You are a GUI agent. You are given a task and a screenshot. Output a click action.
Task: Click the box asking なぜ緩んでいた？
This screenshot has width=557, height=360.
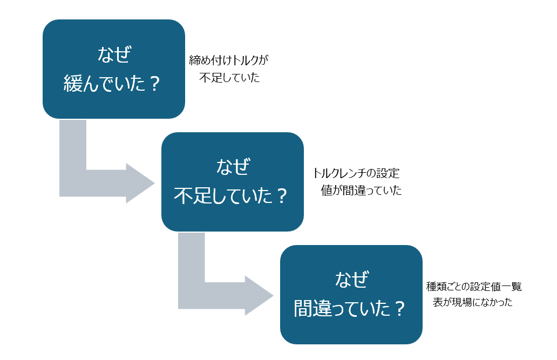coord(113,69)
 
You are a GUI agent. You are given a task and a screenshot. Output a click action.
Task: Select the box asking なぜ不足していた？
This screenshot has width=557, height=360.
coord(232,182)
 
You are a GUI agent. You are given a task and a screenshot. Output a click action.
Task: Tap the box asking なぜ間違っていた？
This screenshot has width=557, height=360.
coord(351,295)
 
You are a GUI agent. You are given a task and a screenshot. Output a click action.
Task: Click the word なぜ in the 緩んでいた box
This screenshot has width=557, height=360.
coord(114,55)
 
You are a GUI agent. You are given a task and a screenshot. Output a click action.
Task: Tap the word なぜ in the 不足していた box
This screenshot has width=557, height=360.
coord(233,167)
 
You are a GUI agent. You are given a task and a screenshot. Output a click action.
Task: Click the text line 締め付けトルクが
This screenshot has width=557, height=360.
coord(229,60)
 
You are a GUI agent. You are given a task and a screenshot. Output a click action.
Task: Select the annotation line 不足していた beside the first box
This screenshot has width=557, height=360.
coord(229,78)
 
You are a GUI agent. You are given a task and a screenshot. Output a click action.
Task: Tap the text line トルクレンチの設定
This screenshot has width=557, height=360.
coord(356,174)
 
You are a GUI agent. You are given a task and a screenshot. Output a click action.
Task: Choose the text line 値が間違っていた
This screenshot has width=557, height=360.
coord(361,191)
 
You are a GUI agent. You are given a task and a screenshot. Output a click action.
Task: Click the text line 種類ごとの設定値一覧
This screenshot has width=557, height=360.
coord(474,287)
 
